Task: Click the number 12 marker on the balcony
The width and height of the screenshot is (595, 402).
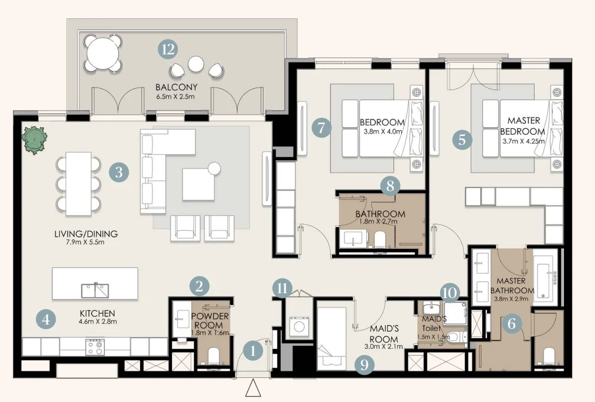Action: coord(168,49)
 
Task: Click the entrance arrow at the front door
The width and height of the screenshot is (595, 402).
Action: coord(253,388)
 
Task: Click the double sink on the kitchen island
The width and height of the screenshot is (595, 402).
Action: coord(95,290)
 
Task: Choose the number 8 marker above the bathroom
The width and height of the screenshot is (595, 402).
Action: coord(389,186)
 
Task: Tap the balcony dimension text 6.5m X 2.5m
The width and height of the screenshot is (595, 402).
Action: coord(175,96)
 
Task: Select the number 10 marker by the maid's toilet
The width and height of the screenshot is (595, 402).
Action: coord(450,291)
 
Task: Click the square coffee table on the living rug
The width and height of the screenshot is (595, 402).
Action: coord(199,184)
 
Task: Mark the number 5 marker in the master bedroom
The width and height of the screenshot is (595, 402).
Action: coord(462,140)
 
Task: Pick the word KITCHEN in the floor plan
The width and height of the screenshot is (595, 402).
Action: coord(97,313)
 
